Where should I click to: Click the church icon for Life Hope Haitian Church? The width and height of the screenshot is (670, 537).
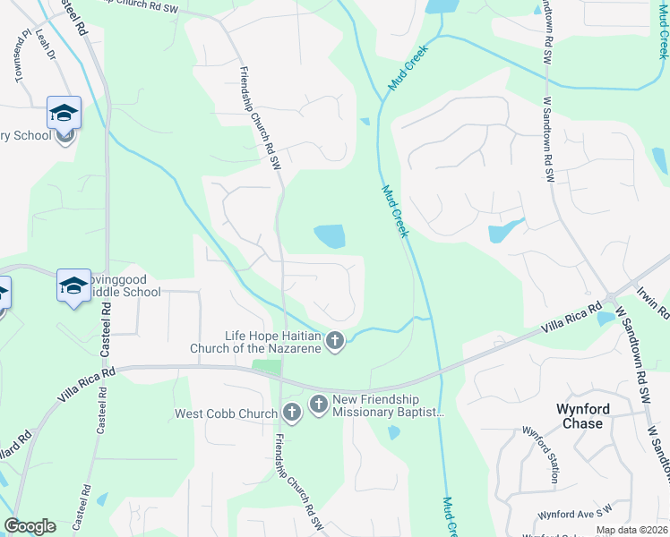pos(335,341)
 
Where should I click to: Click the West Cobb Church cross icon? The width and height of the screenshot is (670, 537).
pos(291,413)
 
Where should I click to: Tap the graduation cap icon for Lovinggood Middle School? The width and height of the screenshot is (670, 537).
pos(73,286)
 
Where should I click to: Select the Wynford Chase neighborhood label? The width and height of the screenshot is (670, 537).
pos(583,416)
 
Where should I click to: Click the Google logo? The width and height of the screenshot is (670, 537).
pos(30,526)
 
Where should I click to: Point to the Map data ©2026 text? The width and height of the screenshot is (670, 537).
pos(631,530)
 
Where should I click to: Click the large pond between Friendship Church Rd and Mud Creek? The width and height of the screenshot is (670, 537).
pos(330,236)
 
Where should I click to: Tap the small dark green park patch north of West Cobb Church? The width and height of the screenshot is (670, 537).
pos(266,366)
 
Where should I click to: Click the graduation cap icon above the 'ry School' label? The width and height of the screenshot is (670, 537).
pos(64,112)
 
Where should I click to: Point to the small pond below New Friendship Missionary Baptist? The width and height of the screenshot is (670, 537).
pos(394,433)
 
